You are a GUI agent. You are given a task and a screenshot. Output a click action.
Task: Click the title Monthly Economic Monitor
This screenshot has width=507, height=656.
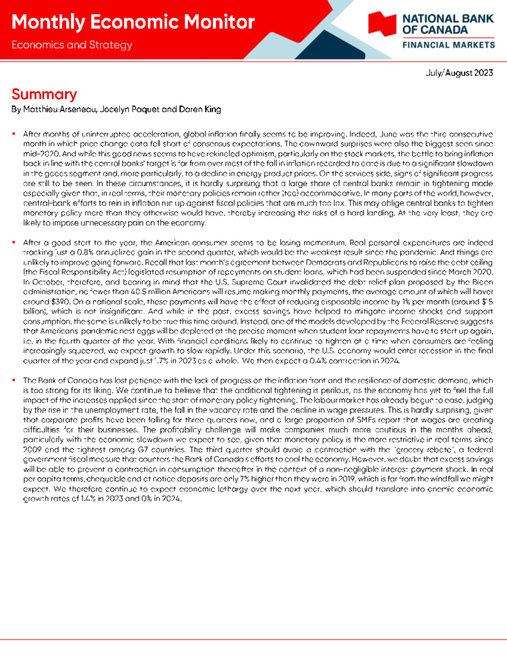[133, 22]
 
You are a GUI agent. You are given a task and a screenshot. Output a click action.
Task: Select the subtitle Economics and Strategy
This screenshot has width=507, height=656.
[72, 45]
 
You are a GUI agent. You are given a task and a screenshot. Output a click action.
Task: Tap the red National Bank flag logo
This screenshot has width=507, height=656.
[382, 24]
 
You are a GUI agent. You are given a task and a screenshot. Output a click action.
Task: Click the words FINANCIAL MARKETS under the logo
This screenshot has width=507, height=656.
[448, 45]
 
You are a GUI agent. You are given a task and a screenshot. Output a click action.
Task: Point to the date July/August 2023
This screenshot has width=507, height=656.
[459, 73]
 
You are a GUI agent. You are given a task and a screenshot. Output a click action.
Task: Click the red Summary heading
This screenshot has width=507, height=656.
[44, 94]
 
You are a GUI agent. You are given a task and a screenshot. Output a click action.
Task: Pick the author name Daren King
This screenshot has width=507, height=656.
[200, 109]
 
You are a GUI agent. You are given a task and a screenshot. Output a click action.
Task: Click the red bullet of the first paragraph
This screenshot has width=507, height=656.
[14, 134]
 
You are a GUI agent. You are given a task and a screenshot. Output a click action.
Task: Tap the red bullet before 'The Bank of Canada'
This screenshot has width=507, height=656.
[14, 380]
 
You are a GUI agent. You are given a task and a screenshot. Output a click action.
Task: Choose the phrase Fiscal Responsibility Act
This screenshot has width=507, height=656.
[87, 272]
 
